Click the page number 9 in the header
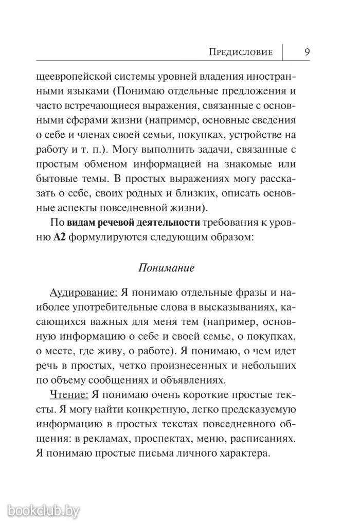click(307, 51)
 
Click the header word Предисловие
click(239, 52)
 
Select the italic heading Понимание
click(166, 268)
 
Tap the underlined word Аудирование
click(83, 293)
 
